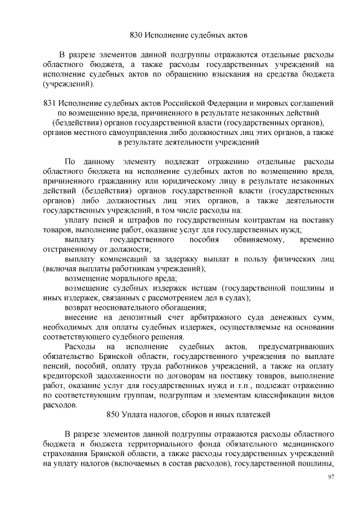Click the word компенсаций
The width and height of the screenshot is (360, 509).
point(119,259)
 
